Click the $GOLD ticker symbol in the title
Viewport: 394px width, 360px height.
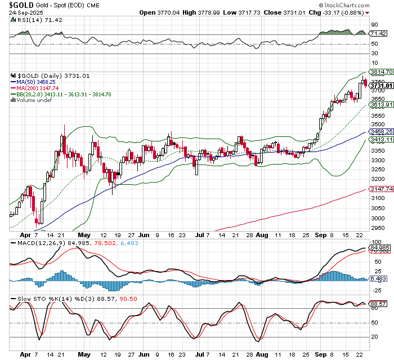pyautogui.click(x=21, y=5)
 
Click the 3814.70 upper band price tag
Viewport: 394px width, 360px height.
pyautogui.click(x=380, y=72)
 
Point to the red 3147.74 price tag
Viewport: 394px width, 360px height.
pyautogui.click(x=380, y=189)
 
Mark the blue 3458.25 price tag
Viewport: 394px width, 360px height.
pyautogui.click(x=380, y=131)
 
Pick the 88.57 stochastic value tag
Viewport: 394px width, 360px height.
pyautogui.click(x=378, y=304)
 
